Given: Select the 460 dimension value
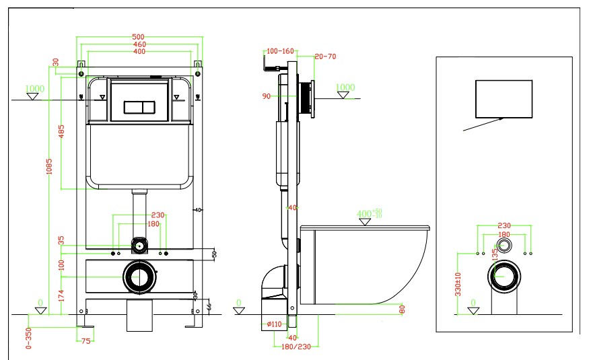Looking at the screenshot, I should click(140, 44).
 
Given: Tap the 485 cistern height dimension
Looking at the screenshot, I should click(61, 132).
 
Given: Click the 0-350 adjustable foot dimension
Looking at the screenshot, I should click(28, 338).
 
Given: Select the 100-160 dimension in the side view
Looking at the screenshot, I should click(280, 51).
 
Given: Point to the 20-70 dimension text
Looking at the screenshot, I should click(325, 57).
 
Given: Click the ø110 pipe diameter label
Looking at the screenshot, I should click(274, 324).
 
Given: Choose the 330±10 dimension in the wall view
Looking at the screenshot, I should click(458, 284).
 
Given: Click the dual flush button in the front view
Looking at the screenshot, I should click(140, 107).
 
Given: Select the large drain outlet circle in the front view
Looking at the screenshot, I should click(140, 277).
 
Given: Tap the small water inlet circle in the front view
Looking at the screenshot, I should click(139, 245).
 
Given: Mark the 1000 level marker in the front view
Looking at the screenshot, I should click(34, 89).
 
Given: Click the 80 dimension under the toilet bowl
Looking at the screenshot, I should click(401, 310).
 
